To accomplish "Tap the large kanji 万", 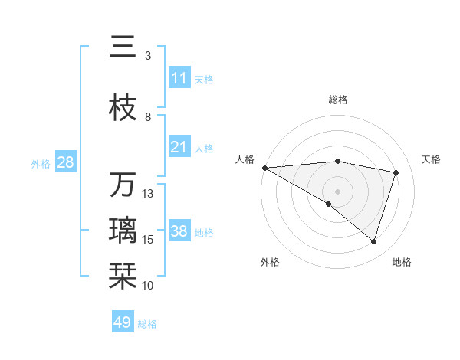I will (123, 185).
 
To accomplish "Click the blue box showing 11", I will (179, 78).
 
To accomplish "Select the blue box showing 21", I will (179, 147).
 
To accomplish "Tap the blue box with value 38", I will (179, 231).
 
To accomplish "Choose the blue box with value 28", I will (65, 162).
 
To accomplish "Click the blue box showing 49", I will (123, 322).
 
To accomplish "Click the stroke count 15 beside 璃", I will (148, 240).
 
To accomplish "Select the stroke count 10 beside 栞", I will (148, 286).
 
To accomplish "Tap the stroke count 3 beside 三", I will (148, 55).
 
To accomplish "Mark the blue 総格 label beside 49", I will (147, 324).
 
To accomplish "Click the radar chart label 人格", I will (245, 159).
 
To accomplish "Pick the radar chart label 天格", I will (431, 159).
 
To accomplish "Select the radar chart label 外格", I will (270, 262).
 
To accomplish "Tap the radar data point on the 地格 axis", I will (373, 241).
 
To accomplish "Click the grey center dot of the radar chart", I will (337, 190).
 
